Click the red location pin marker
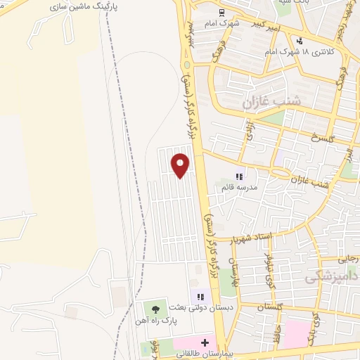[181, 165]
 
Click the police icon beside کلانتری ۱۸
[300, 41]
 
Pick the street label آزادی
[249, 131]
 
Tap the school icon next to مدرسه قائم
[239, 177]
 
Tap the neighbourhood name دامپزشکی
[330, 278]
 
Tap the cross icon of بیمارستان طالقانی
[205, 343]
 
